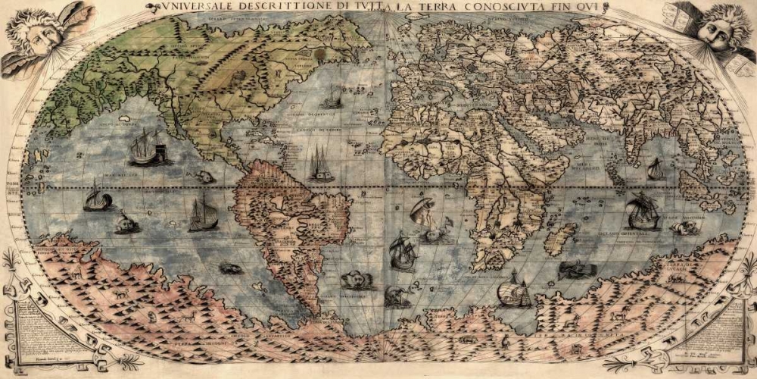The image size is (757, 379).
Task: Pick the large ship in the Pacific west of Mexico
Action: (146, 147)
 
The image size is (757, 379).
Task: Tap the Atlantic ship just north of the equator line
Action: (321, 164)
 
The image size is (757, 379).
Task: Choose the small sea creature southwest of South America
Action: (231, 268)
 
